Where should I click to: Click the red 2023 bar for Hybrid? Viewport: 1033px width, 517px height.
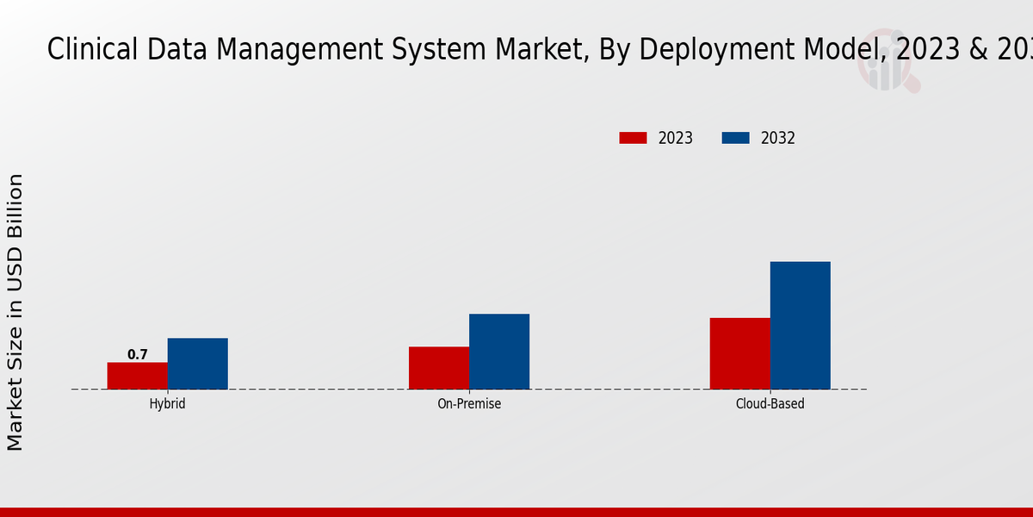coord(138,376)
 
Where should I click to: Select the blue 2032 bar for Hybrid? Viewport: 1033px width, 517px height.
coord(198,364)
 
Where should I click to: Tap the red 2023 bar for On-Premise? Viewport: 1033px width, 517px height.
coord(439,368)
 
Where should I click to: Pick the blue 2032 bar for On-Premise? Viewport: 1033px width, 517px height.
coord(499,352)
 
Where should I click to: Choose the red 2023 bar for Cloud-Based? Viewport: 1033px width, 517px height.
coord(740,353)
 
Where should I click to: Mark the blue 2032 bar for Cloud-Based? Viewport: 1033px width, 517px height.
coord(801,325)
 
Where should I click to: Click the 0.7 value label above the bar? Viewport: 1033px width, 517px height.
coord(138,355)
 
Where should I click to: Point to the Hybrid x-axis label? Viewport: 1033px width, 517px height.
coord(167,403)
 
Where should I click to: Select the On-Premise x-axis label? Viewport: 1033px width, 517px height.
coord(469,403)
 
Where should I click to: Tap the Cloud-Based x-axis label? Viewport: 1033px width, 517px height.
coord(770,403)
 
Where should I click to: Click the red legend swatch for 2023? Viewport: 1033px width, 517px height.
coord(633,138)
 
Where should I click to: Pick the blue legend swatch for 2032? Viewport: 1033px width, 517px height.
coord(735,138)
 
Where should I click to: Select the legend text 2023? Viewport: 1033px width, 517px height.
coord(676,138)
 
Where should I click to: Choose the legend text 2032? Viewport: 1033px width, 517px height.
coord(778,138)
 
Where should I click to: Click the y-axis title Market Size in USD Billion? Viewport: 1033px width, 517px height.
coord(15,312)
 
